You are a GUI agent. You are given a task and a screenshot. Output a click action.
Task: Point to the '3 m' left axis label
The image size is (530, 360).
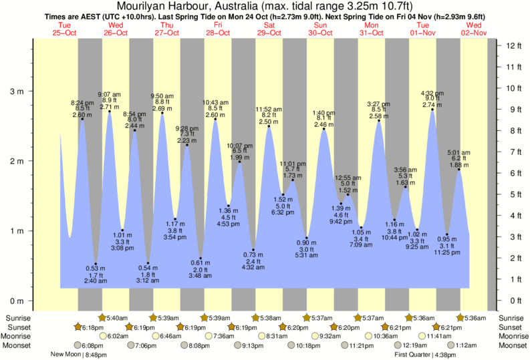tap(15, 91)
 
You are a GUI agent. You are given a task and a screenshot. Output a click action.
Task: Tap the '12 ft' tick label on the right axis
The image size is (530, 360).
tap(514, 45)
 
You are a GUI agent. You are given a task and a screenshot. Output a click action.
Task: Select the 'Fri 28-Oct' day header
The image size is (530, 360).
tap(218, 29)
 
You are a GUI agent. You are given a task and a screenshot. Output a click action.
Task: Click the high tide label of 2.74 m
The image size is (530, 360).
tap(432, 106)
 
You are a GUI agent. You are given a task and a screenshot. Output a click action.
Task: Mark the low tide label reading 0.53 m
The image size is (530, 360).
tap(96, 268)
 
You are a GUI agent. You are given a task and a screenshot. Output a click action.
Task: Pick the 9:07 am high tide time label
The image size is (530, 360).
tap(110, 94)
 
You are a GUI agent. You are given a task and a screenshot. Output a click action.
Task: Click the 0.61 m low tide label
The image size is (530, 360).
tap(201, 262)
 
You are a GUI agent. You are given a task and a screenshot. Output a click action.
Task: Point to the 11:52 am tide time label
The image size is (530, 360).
tap(269, 109)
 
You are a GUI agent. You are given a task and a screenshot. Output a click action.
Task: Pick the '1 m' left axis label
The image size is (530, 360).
tap(15, 231)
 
